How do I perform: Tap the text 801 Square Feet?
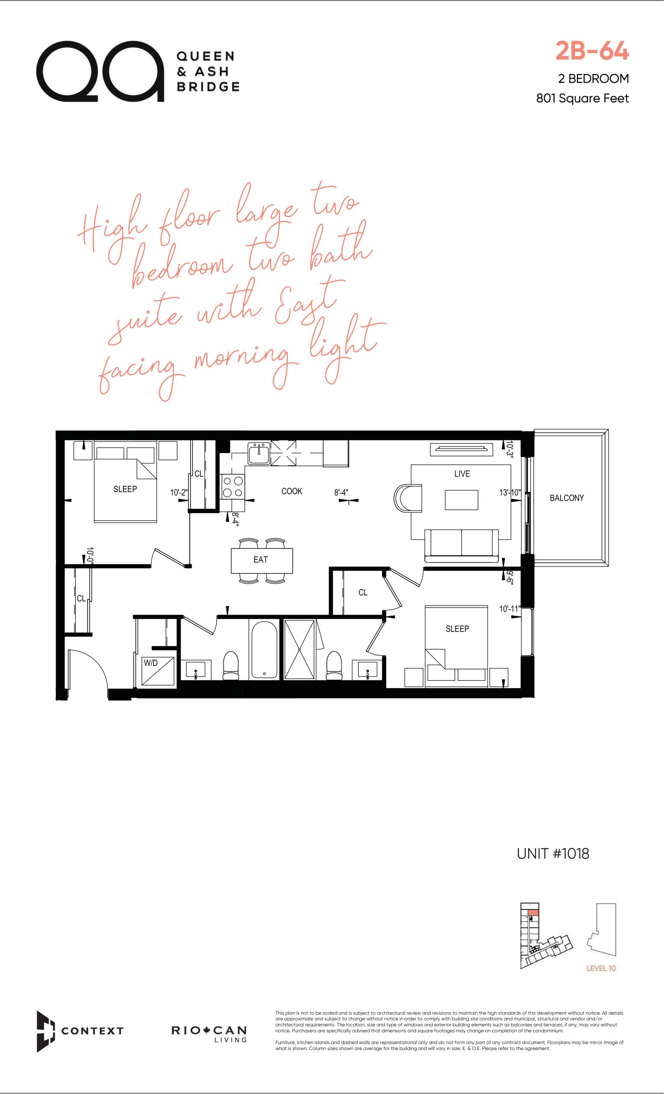coord(582,98)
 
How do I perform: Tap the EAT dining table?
coord(262,561)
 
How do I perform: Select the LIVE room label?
coord(462,474)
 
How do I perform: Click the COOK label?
coord(291,491)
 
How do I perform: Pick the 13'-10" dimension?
coord(510,492)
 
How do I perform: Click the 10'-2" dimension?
coord(179,492)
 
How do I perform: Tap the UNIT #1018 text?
coord(553,853)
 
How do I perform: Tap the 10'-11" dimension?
coord(509,609)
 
